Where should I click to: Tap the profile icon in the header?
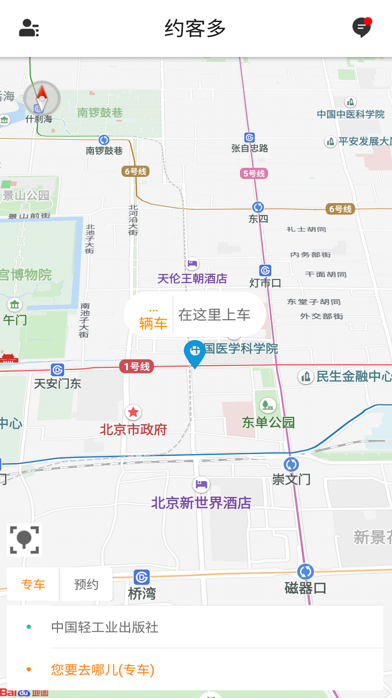pyautogui.click(x=29, y=28)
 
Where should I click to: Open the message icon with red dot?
pyautogui.click(x=361, y=28)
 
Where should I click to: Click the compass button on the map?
pyautogui.click(x=42, y=97)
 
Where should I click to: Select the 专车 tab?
pyautogui.click(x=33, y=584)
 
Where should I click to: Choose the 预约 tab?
pyautogui.click(x=86, y=584)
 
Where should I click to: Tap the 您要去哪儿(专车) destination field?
pyautogui.click(x=102, y=670)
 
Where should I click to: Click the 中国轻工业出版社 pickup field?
pyautogui.click(x=105, y=627)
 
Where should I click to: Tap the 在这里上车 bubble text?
pyautogui.click(x=214, y=314)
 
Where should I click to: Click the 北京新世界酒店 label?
pyautogui.click(x=201, y=503)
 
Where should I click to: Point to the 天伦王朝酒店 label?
pyautogui.click(x=192, y=278)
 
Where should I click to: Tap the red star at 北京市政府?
pyautogui.click(x=133, y=412)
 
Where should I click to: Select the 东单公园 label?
pyautogui.click(x=268, y=422)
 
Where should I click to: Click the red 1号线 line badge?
pyautogui.click(x=136, y=367)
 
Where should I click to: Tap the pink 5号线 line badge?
pyautogui.click(x=254, y=173)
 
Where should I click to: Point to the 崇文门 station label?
pyautogui.click(x=291, y=479)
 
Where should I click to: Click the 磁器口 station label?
pyautogui.click(x=305, y=588)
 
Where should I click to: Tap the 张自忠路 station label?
pyautogui.click(x=250, y=149)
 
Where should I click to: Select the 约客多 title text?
pyautogui.click(x=195, y=28)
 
